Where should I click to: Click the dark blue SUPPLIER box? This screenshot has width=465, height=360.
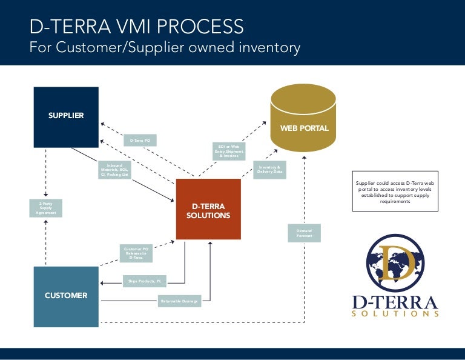point(66,116)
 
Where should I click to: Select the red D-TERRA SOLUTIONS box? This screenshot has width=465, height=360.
point(208,209)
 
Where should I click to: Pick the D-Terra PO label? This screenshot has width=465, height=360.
point(140,141)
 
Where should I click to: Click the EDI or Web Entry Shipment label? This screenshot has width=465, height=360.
point(229,151)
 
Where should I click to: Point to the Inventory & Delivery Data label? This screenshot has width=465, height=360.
point(269,170)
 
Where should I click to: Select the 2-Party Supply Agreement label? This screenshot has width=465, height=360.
point(46,208)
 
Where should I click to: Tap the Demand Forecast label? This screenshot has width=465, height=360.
point(304,233)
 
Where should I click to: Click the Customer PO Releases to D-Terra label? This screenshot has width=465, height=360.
point(136,253)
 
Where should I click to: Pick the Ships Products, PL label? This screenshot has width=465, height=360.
point(145,281)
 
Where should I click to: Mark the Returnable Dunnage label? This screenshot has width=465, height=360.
point(179,301)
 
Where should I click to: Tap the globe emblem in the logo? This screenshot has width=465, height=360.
point(394,262)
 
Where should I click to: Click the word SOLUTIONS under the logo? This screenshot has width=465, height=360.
point(395,314)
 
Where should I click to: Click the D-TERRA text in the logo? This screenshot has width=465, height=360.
point(395,301)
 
